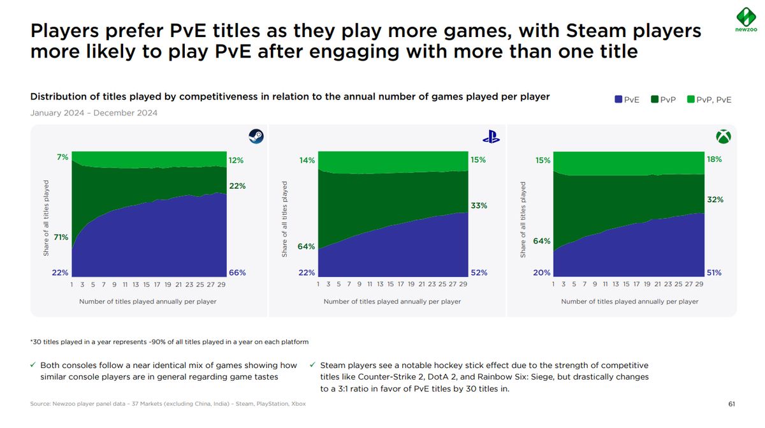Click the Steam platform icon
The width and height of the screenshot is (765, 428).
[256, 137]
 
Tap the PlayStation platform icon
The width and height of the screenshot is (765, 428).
[490, 137]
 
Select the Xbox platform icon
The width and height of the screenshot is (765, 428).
[723, 137]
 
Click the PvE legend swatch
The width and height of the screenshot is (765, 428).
[618, 100]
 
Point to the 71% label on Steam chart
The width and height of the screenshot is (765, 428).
[61, 237]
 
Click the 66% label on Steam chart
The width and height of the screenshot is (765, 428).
[237, 272]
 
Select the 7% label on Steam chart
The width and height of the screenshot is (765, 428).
[62, 157]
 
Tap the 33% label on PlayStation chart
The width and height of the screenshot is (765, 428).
[479, 205]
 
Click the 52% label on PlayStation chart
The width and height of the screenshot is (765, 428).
[479, 272]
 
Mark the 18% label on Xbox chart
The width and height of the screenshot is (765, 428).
[714, 159]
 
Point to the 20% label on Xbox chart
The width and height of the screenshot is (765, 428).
[542, 272]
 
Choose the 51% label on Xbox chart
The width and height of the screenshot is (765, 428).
[714, 272]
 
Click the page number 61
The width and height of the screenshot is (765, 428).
[731, 404]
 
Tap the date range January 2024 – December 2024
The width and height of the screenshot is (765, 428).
[94, 113]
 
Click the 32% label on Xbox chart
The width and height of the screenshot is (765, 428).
[714, 200]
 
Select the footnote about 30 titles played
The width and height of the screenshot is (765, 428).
[169, 342]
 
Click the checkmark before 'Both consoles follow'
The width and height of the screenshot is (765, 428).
[33, 365]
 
